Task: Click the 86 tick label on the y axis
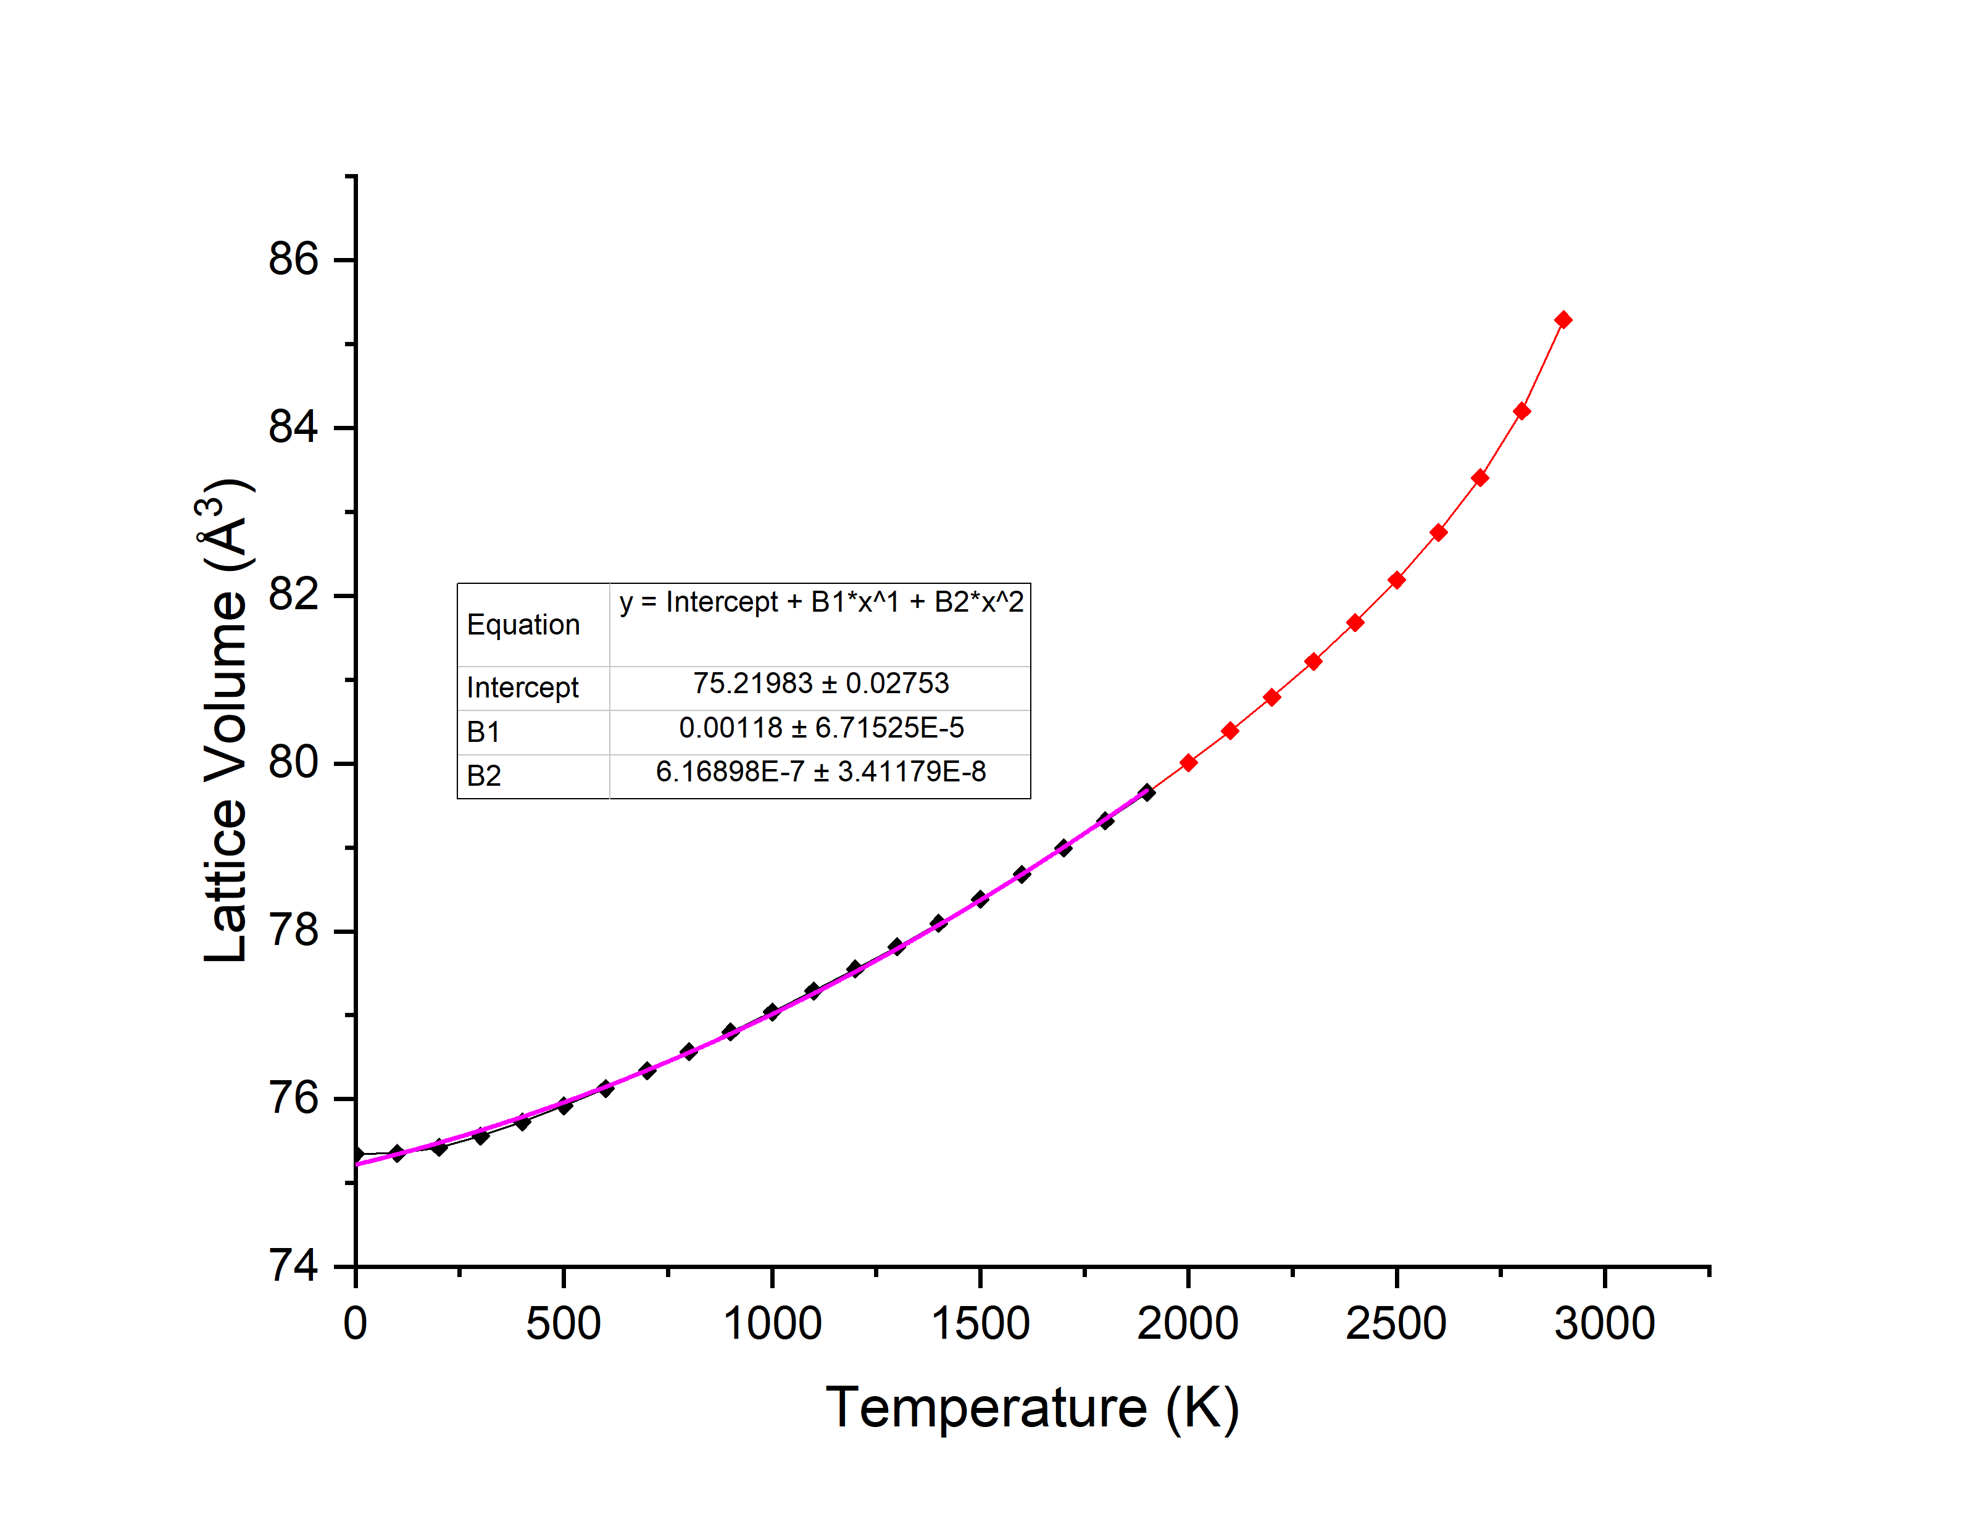click(x=293, y=259)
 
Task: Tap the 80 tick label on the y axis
click(x=293, y=762)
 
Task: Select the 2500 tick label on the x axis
click(x=1396, y=1324)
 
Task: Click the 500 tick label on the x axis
click(x=563, y=1324)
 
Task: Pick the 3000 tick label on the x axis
click(x=1604, y=1324)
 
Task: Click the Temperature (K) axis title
click(x=1031, y=1408)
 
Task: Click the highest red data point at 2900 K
click(x=1563, y=320)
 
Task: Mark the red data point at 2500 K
click(x=1397, y=580)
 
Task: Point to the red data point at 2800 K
click(x=1521, y=412)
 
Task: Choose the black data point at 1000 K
click(x=771, y=1012)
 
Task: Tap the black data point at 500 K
click(x=564, y=1105)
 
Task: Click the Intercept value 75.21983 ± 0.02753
click(x=821, y=683)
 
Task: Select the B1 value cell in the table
click(x=821, y=728)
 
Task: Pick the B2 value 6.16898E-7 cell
click(x=821, y=772)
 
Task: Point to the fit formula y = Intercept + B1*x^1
click(x=821, y=602)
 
